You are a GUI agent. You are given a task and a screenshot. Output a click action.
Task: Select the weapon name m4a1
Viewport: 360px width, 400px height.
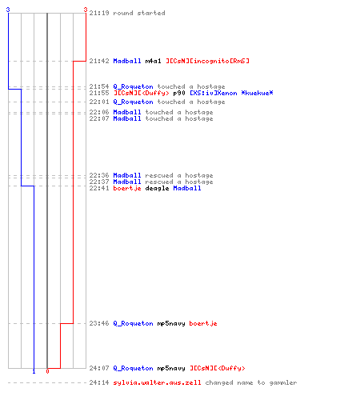click(x=154, y=61)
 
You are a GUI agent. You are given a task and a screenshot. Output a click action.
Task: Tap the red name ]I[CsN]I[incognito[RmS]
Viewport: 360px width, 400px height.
click(x=207, y=61)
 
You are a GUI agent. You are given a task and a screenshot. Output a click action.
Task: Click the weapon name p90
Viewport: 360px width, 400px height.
click(x=179, y=93)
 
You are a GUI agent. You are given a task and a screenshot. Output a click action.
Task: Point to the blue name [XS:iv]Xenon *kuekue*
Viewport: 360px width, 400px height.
click(x=231, y=93)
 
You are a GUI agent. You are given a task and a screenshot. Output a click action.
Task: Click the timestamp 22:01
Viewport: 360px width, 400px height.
click(x=99, y=102)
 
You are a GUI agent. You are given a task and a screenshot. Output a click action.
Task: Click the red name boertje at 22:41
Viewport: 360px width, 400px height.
click(x=127, y=188)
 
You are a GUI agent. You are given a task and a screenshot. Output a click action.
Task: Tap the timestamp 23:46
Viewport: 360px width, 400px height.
click(x=99, y=323)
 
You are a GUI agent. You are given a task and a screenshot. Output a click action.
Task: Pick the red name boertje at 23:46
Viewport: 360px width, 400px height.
click(x=203, y=323)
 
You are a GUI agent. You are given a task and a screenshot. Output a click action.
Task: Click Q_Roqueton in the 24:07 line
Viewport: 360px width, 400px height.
click(x=134, y=368)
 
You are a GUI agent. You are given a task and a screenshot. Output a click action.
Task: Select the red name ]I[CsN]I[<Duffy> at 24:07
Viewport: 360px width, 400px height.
click(x=218, y=368)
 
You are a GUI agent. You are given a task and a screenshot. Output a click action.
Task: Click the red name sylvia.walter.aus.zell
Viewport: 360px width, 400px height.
click(x=158, y=382)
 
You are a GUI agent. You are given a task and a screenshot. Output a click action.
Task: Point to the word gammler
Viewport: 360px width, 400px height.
click(x=283, y=383)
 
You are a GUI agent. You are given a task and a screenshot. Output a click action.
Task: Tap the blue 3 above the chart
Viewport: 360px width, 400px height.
click(x=8, y=10)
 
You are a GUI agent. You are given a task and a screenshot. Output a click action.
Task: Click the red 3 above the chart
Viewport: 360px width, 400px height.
click(x=86, y=10)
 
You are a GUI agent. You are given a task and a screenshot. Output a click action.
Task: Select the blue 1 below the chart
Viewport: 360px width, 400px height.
click(x=34, y=371)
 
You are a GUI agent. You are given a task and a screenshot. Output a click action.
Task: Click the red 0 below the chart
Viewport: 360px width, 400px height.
click(x=47, y=371)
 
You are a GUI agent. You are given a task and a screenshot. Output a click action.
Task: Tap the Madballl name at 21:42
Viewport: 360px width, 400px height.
click(x=127, y=61)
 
